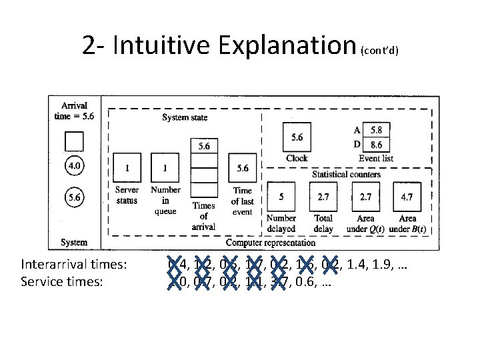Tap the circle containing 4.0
pyautogui.click(x=74, y=165)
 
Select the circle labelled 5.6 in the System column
pyautogui.click(x=74, y=197)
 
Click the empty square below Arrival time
pyautogui.click(x=74, y=141)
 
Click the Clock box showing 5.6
pyautogui.click(x=297, y=137)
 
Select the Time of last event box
pyautogui.click(x=243, y=169)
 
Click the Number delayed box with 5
pyautogui.click(x=281, y=197)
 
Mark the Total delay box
pyautogui.click(x=323, y=197)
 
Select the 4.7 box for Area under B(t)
pyautogui.click(x=407, y=197)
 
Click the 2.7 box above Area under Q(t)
pyautogui.click(x=365, y=197)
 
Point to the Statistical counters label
pyautogui.click(x=347, y=175)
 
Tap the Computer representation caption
pyautogui.click(x=271, y=243)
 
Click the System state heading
pyautogui.click(x=185, y=118)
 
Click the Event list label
pyautogui.click(x=376, y=159)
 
